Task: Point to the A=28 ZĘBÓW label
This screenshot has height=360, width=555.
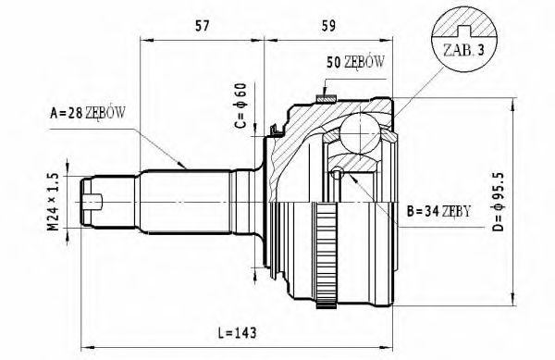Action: click(87, 114)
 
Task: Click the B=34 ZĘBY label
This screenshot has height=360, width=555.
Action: click(439, 212)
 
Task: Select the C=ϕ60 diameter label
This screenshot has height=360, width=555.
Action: click(239, 106)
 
